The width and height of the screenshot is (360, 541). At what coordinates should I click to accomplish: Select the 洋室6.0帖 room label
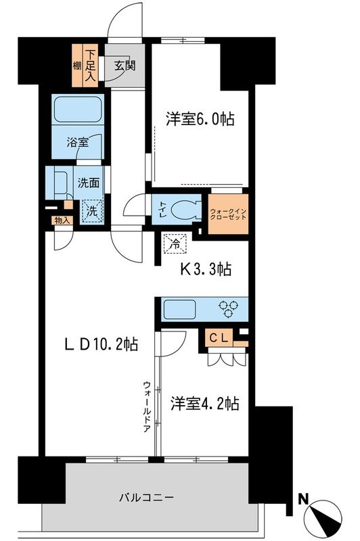[200, 120]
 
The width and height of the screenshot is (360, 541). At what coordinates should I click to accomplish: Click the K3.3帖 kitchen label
[205, 270]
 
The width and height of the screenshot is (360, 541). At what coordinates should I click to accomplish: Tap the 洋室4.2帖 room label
[204, 404]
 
